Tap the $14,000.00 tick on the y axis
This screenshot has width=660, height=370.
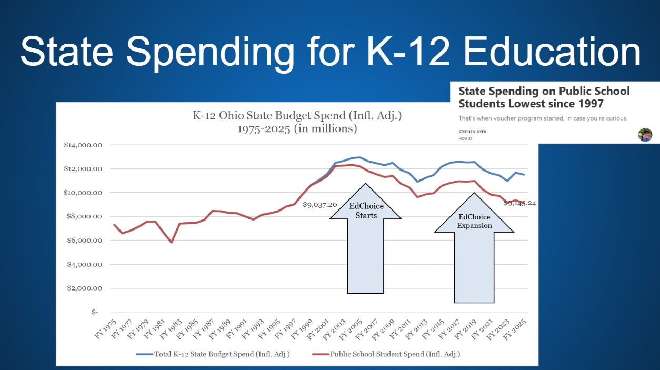point(82,145)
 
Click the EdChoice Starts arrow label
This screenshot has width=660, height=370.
point(366,211)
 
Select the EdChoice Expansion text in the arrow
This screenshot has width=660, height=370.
point(474,221)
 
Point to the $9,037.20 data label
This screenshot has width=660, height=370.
point(319,204)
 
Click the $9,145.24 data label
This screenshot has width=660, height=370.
point(520,204)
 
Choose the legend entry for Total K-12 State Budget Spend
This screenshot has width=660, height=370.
point(213,354)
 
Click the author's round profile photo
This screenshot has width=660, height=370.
point(645,135)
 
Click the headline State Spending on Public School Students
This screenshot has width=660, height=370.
point(544,97)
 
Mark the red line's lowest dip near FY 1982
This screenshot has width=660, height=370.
point(172,242)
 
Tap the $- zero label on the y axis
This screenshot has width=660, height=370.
point(95,312)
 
